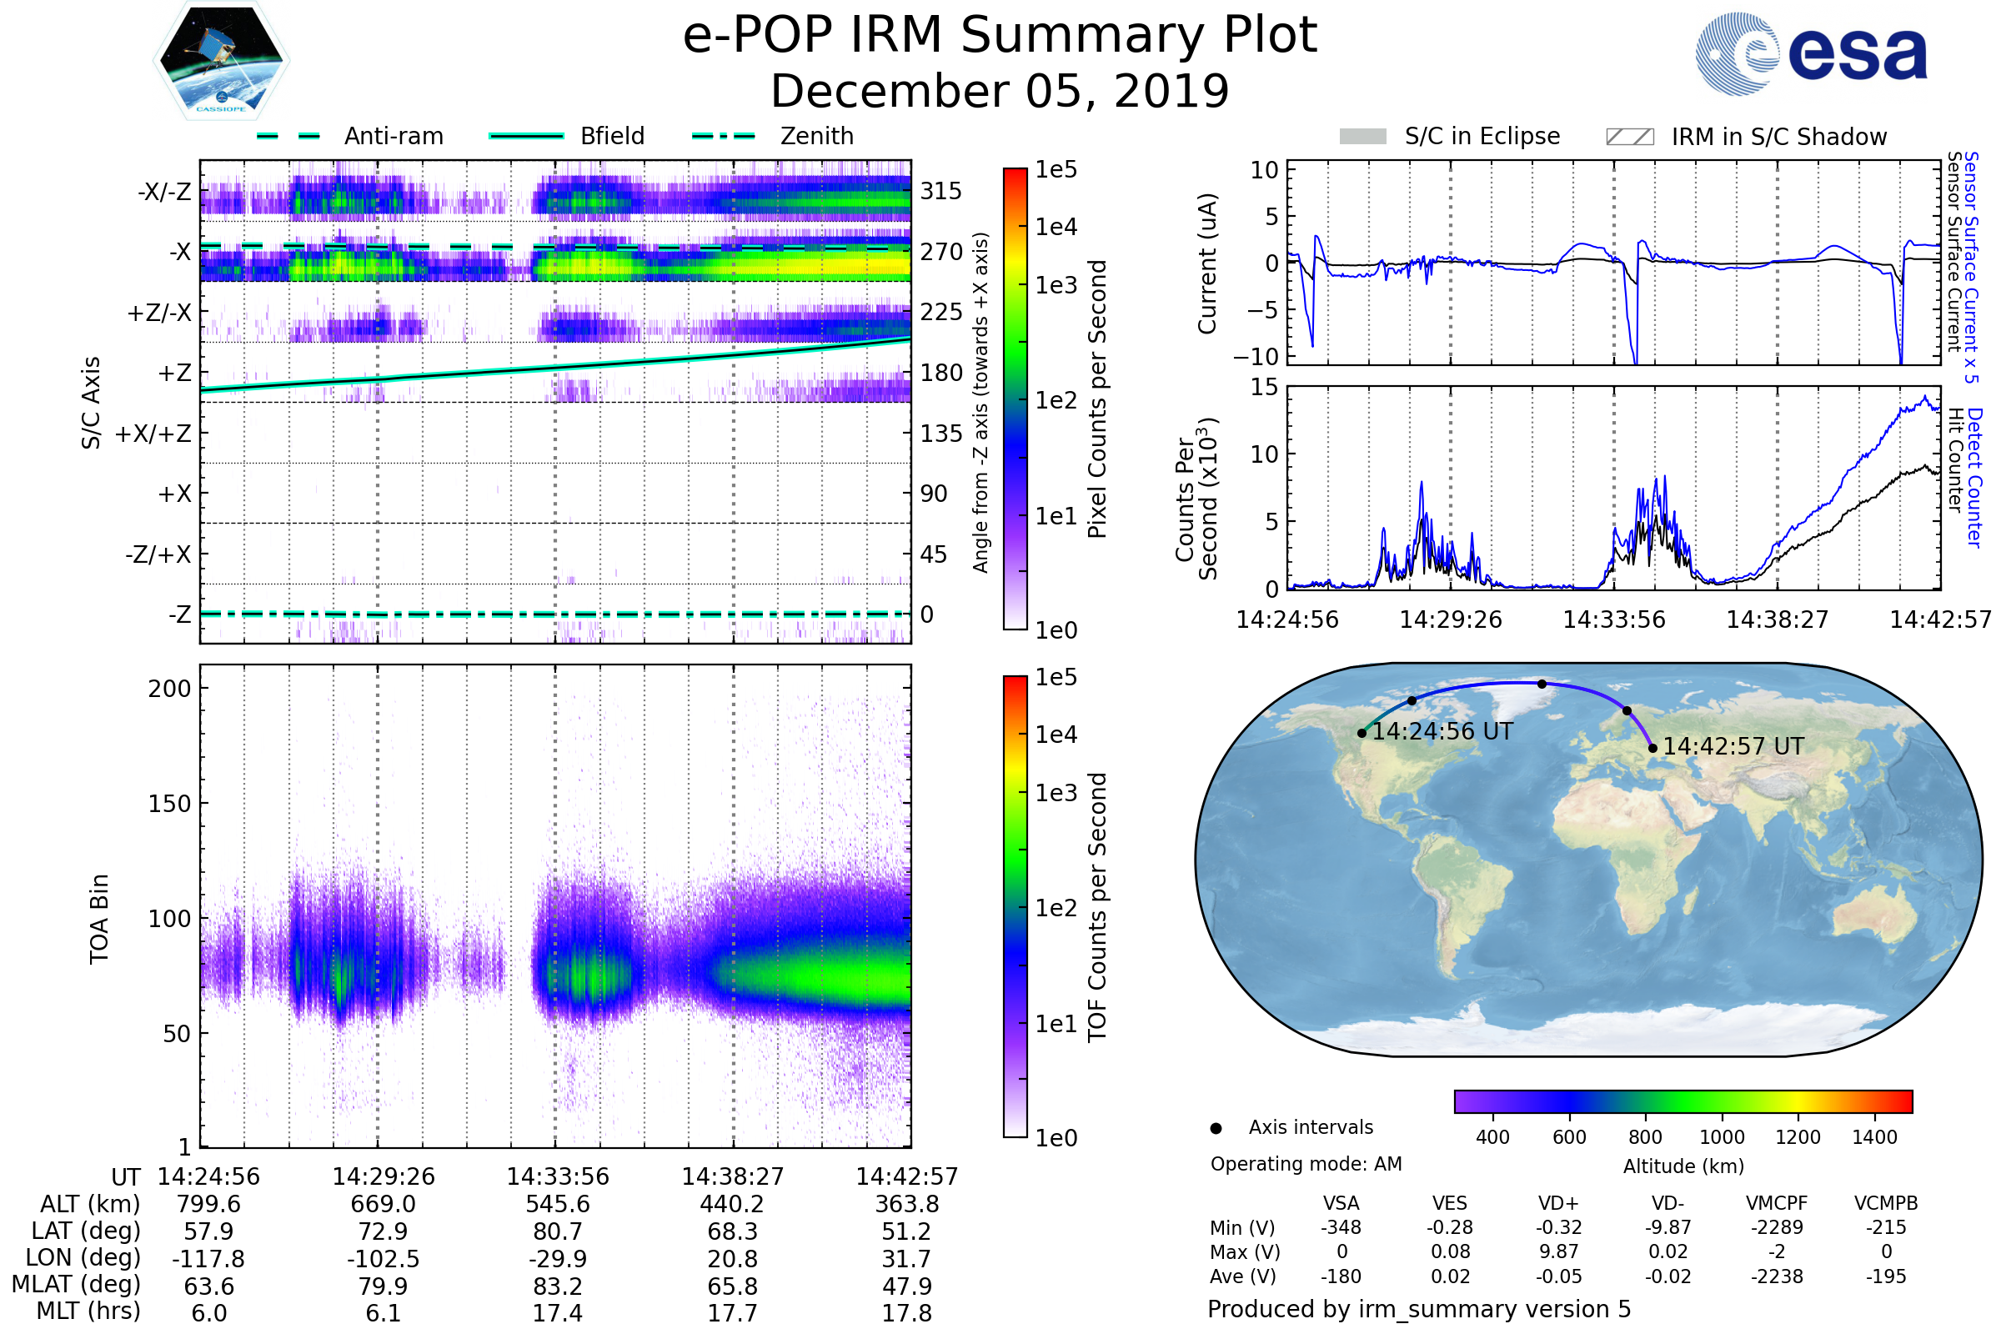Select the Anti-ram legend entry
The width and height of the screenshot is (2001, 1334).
click(393, 136)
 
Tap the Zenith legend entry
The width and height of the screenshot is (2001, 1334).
click(816, 136)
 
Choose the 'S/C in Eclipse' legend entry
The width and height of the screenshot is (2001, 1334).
click(1482, 136)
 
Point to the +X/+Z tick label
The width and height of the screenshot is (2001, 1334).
click(153, 434)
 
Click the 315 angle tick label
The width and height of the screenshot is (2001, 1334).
click(940, 191)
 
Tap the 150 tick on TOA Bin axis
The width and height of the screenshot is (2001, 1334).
click(169, 803)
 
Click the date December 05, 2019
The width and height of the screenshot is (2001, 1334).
click(1000, 91)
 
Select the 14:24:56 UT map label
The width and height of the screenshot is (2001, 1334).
click(1442, 731)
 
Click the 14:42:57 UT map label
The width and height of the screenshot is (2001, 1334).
click(1733, 746)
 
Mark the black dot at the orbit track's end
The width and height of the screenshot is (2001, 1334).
click(1652, 748)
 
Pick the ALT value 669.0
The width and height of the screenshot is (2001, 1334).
click(383, 1204)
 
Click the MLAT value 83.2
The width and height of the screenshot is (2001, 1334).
click(557, 1286)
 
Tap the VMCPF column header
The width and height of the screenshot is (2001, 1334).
click(1776, 1203)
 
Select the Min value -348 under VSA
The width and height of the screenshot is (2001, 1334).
click(1341, 1226)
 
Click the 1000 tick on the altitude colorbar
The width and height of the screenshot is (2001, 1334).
click(1721, 1136)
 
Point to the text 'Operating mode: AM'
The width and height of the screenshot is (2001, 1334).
click(1305, 1163)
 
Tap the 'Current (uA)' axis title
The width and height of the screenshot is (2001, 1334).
click(1207, 263)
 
